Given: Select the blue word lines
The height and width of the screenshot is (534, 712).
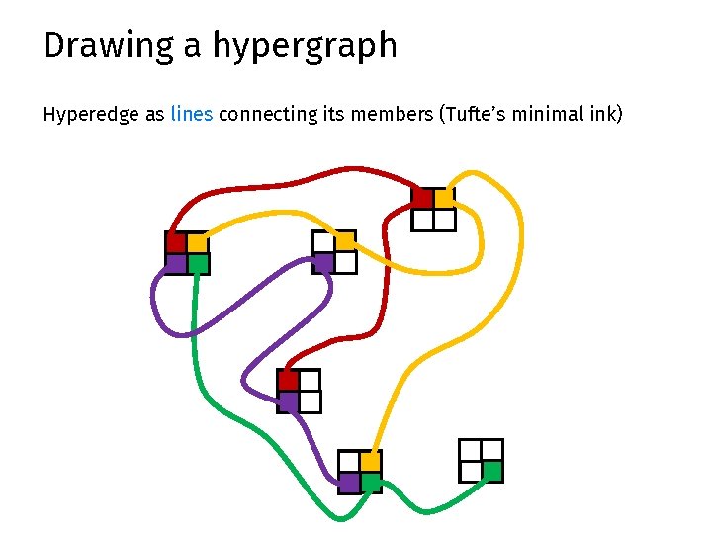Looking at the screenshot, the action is [191, 114].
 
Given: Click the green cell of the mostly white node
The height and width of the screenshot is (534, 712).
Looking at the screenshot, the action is [492, 471].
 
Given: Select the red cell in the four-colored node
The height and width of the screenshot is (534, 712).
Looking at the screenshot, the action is [175, 242].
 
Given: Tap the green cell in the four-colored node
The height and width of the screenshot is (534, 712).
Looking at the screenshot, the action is [197, 264].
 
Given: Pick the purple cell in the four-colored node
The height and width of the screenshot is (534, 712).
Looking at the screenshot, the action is [175, 264].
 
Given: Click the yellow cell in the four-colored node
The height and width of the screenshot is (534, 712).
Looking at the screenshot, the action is [197, 242].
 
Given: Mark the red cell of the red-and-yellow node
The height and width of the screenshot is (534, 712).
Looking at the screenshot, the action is [422, 198].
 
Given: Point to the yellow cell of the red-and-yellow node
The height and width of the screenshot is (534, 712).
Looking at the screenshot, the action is [444, 198].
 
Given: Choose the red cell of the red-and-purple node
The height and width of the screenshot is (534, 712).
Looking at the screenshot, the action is [288, 380].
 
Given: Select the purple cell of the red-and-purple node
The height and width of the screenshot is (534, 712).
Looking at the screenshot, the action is [288, 401].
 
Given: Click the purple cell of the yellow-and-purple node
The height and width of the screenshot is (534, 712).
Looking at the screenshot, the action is [322, 263].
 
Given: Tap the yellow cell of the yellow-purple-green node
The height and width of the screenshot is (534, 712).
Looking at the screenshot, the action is [370, 461].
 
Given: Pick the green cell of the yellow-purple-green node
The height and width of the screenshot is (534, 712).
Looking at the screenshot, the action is [370, 483].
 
